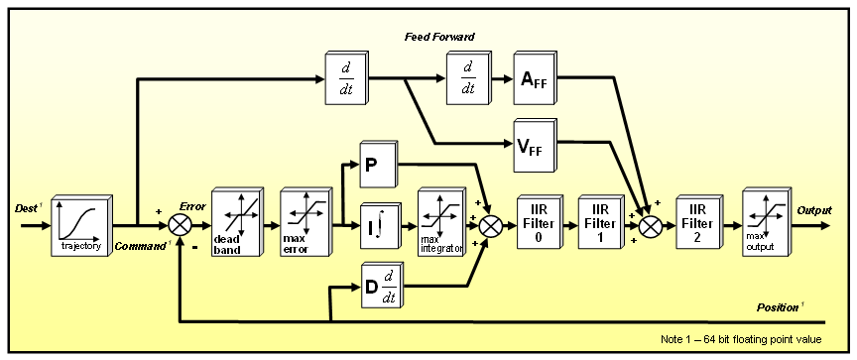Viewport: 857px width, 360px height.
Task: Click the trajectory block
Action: click(x=79, y=226)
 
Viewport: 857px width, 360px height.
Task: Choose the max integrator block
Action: click(x=439, y=225)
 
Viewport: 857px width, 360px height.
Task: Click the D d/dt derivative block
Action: click(x=379, y=287)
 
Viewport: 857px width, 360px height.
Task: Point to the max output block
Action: click(x=756, y=225)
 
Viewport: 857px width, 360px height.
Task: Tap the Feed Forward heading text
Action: click(x=438, y=37)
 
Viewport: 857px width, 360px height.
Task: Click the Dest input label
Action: click(x=26, y=211)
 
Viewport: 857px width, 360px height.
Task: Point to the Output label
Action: click(x=815, y=211)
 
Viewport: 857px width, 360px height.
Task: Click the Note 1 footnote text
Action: click(x=741, y=337)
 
